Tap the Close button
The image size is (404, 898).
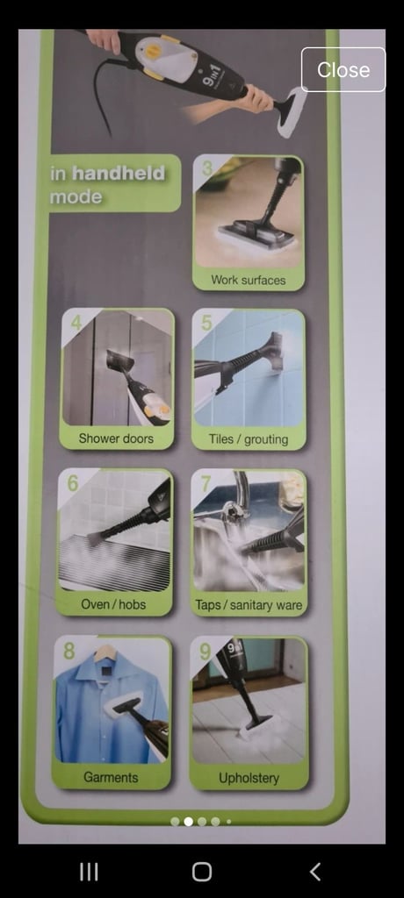(343, 69)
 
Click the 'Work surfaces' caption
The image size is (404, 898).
(248, 280)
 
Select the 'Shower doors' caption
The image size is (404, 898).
(116, 438)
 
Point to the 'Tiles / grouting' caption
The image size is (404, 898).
(248, 439)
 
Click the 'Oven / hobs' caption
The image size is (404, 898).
(113, 604)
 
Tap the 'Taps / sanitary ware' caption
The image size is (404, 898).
(249, 605)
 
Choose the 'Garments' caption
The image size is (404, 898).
(111, 777)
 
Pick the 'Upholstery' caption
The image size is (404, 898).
(249, 778)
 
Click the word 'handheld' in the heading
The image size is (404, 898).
(119, 173)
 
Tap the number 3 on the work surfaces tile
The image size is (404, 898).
(207, 168)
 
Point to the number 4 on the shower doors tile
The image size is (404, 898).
(76, 323)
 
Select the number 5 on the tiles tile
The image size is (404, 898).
(206, 323)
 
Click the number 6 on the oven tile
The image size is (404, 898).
(73, 483)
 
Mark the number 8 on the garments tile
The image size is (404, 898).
(69, 651)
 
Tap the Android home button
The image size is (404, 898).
(202, 872)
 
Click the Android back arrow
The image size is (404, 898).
(314, 872)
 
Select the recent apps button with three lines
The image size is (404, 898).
(89, 872)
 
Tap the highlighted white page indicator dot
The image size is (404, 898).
(188, 821)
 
